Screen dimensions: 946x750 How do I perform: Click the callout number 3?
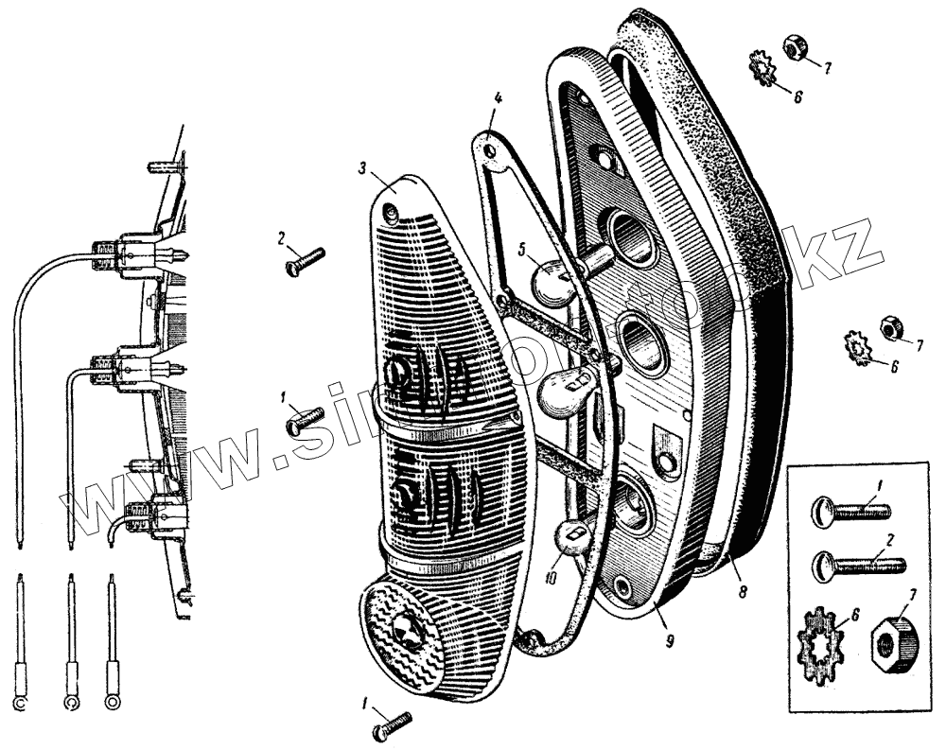[x=362, y=166]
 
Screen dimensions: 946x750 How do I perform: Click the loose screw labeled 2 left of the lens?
[x=304, y=258]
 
